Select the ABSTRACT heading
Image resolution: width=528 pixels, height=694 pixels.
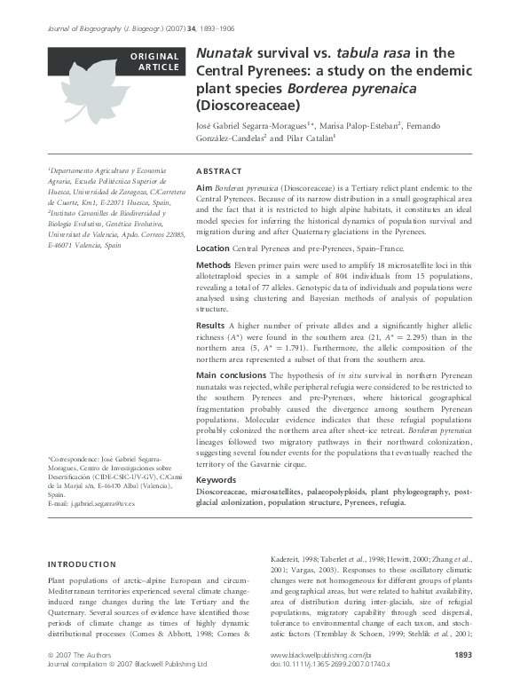[x=218, y=171]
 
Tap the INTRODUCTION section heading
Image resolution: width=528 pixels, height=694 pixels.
[x=81, y=564]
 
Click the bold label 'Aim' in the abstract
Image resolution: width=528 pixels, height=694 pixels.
[x=203, y=189]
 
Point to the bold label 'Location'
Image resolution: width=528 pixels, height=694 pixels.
[x=212, y=248]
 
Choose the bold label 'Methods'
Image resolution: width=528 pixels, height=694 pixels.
[x=213, y=265]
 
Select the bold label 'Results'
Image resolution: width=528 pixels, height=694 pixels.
[x=210, y=326]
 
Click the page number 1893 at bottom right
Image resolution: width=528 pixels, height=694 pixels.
[x=462, y=679]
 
